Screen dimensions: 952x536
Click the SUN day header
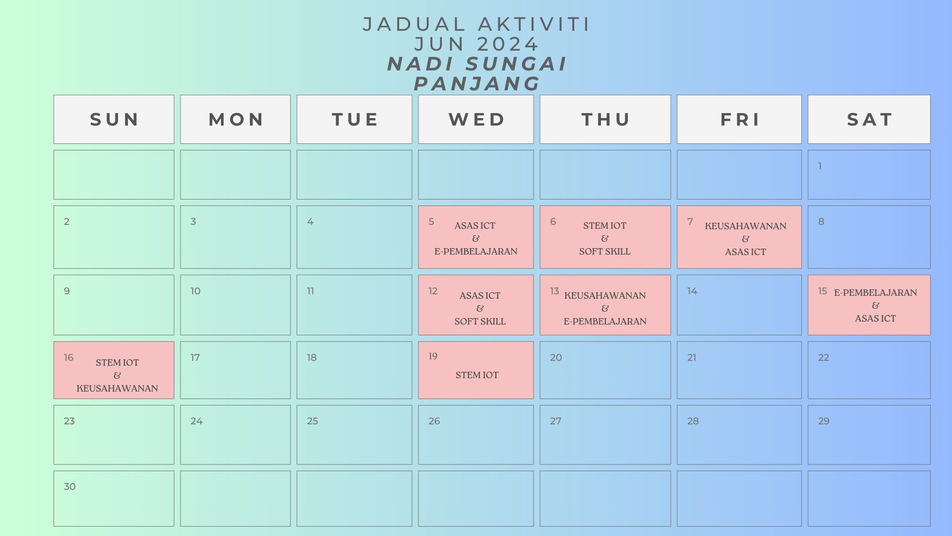(x=114, y=120)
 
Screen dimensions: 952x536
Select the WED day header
(x=476, y=120)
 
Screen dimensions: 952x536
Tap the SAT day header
(x=870, y=120)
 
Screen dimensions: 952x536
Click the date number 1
(x=820, y=166)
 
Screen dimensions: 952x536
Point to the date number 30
(x=69, y=486)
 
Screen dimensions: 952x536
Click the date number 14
(x=692, y=291)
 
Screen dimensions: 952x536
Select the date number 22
(x=824, y=357)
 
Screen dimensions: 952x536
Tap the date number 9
(x=67, y=291)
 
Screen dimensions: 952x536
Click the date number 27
(x=556, y=421)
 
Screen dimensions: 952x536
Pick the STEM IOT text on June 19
(x=477, y=375)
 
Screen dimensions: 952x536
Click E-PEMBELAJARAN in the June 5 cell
(x=476, y=252)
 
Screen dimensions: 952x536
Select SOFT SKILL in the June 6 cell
(x=605, y=252)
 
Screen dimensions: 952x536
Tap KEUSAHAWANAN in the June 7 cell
(x=746, y=226)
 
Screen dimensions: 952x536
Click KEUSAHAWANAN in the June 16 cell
(x=118, y=389)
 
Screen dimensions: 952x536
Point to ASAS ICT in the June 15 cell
(x=876, y=319)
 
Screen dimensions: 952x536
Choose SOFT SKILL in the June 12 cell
(x=480, y=322)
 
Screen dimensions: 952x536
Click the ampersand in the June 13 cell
(x=605, y=308)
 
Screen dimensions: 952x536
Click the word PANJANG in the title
(x=477, y=84)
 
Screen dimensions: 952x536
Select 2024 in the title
(x=508, y=44)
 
